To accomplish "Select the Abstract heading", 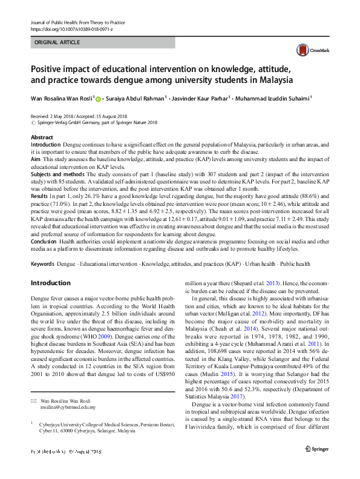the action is (42, 138).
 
